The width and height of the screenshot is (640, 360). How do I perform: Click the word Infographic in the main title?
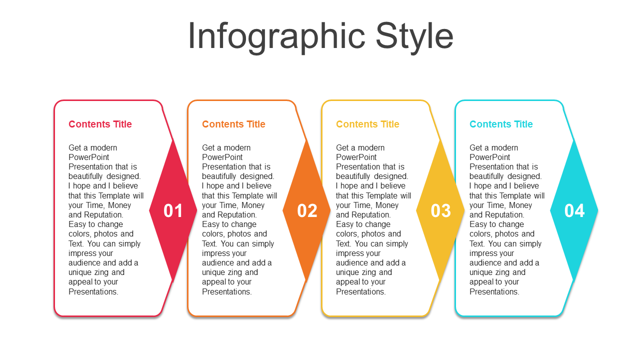(276, 37)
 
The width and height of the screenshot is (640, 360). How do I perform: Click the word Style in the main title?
(414, 37)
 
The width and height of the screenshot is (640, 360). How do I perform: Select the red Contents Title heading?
(100, 124)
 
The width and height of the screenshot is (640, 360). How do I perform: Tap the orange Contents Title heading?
(233, 124)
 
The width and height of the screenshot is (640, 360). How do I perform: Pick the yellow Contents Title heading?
(367, 124)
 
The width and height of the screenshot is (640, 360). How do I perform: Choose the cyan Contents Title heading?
(501, 124)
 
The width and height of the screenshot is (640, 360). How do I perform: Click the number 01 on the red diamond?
(173, 211)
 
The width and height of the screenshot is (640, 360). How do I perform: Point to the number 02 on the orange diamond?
(307, 211)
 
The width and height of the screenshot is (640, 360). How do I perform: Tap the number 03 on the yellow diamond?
(441, 211)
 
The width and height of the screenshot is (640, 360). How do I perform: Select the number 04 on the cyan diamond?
(574, 211)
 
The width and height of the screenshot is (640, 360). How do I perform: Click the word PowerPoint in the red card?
(89, 157)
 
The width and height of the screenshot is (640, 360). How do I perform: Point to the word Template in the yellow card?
(395, 195)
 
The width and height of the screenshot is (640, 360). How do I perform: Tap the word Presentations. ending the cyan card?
(494, 291)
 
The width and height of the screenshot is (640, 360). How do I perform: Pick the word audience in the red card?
(84, 263)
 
